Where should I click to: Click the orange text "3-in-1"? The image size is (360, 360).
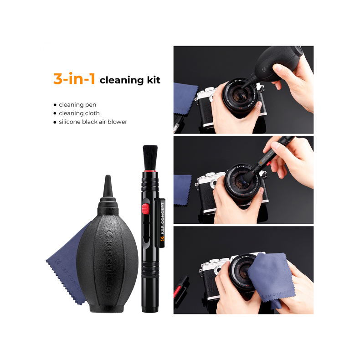(74, 79)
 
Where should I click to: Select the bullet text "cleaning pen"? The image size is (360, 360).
(77, 104)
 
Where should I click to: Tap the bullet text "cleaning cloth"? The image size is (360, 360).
(79, 113)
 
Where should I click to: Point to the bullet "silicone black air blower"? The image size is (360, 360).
(93, 122)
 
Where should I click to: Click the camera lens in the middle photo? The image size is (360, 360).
(241, 182)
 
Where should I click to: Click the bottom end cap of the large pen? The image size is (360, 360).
(148, 308)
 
